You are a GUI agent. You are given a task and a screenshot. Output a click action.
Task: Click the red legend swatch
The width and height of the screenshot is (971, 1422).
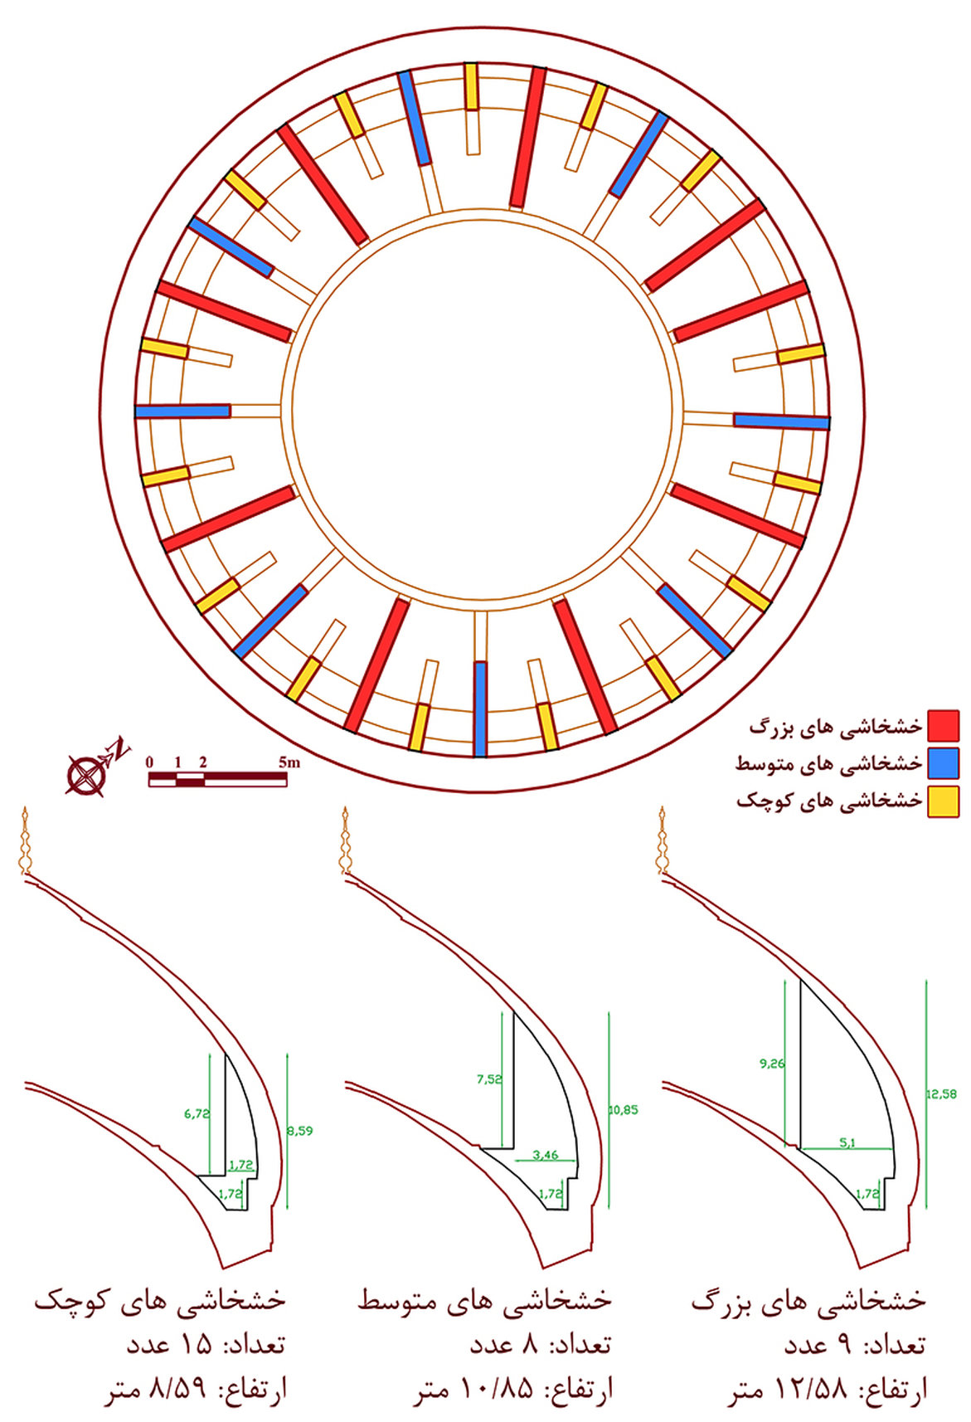[x=944, y=725]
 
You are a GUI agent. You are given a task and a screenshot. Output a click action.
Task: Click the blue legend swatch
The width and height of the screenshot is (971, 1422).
[x=944, y=763]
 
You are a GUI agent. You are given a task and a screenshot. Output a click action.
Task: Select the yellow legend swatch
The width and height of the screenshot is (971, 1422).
[x=944, y=801]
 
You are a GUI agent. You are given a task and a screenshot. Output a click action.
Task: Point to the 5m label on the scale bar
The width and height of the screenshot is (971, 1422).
[x=289, y=762]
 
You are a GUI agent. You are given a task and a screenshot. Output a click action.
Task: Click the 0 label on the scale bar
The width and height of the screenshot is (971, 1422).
[x=149, y=762]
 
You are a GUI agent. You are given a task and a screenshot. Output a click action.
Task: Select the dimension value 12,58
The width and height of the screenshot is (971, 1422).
[x=941, y=1093]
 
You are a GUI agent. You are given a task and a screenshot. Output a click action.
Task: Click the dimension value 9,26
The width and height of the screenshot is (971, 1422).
[x=771, y=1063]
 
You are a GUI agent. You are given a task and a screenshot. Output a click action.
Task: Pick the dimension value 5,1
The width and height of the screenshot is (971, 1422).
[x=847, y=1142]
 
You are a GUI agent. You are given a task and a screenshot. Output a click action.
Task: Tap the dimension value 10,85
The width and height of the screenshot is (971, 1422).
[x=624, y=1109]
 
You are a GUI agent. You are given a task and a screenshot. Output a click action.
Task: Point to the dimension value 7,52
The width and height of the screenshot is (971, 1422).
[x=489, y=1079]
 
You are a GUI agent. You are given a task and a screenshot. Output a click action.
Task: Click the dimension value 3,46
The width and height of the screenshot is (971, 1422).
[x=545, y=1154]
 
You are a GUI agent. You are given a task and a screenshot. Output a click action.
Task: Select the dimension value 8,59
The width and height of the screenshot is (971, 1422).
[x=299, y=1130]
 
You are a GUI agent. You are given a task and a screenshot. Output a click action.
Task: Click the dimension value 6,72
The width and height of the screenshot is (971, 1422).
[x=197, y=1114]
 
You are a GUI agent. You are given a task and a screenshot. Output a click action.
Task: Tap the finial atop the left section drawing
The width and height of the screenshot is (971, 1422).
[x=26, y=840]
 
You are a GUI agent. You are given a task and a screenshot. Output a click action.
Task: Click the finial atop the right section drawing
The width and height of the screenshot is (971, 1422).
[x=663, y=840]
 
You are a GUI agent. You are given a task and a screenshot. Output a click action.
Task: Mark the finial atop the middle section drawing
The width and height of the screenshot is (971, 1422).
[x=344, y=840]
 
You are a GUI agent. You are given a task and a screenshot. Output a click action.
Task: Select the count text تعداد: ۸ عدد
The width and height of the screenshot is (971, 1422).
[x=541, y=1345]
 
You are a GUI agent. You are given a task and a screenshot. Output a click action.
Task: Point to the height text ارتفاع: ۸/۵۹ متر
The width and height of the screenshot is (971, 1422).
[x=196, y=1390]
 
